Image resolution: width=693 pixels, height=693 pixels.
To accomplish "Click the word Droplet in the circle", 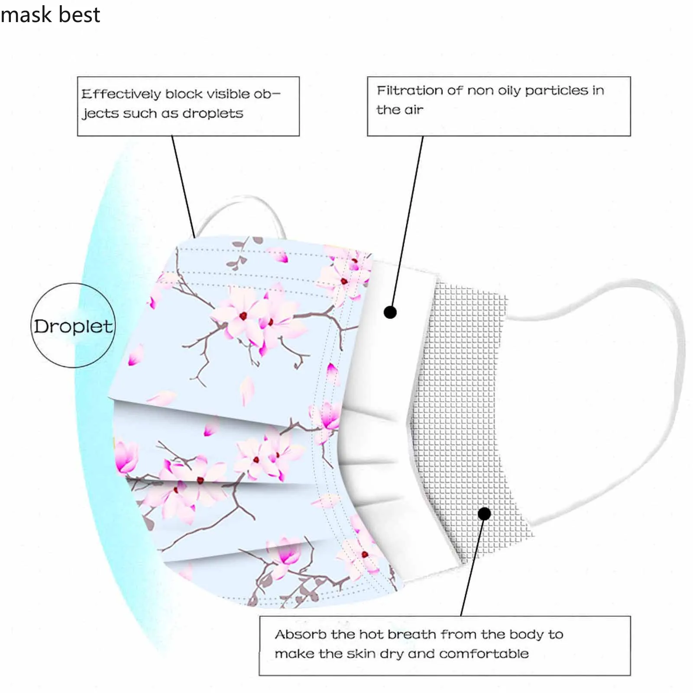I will (x=73, y=327).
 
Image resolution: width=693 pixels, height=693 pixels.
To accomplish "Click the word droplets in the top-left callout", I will (x=213, y=113).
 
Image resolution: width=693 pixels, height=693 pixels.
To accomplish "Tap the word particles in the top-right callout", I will (x=557, y=91).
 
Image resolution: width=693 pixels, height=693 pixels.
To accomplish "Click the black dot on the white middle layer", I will (x=390, y=312).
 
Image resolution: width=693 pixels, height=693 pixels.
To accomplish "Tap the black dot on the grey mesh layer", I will (x=484, y=514).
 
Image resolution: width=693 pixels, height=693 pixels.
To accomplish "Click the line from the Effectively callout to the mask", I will (x=183, y=186).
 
